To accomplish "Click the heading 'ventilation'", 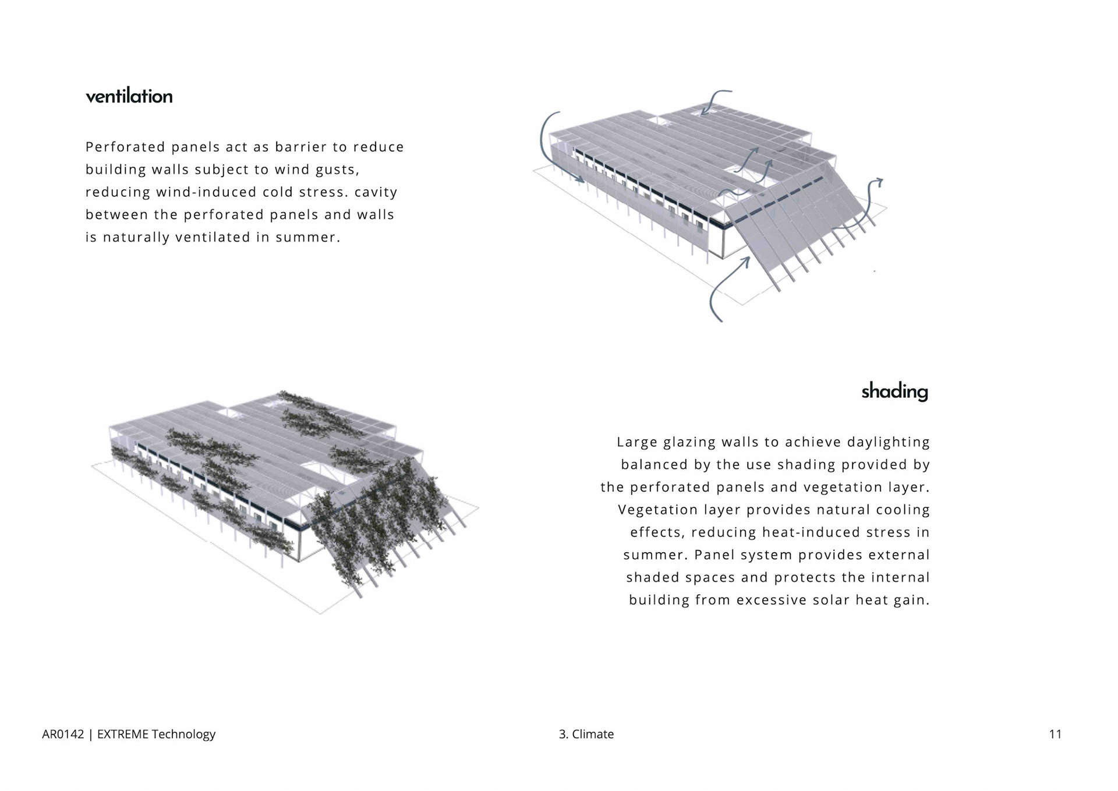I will [x=129, y=96].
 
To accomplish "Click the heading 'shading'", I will [x=894, y=391].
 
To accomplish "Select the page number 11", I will [x=1055, y=734].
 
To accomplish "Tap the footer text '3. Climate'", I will [x=586, y=734].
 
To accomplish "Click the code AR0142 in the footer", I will [x=63, y=734].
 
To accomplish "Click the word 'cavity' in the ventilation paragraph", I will [x=376, y=192].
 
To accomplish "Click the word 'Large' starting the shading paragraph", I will [x=636, y=442].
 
